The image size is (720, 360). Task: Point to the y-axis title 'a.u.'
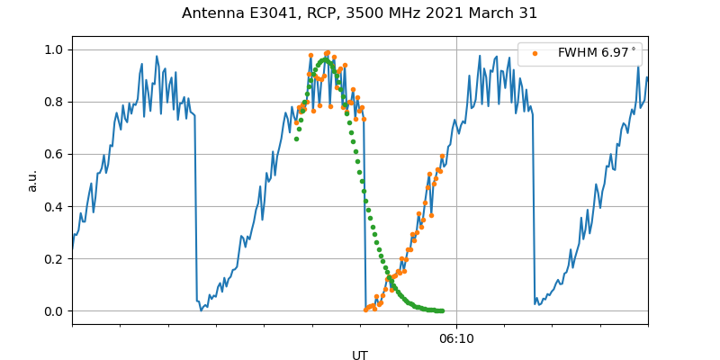click(x=32, y=180)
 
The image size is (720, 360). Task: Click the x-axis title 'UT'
click(x=360, y=355)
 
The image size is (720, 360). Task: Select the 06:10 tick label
click(x=456, y=339)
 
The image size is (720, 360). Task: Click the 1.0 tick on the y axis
click(x=54, y=49)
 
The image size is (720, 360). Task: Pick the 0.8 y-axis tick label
click(x=54, y=102)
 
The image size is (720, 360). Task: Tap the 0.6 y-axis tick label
click(x=54, y=154)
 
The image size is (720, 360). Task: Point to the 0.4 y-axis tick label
click(x=54, y=206)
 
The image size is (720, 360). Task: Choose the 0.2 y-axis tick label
click(x=54, y=258)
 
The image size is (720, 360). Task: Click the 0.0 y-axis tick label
click(x=54, y=311)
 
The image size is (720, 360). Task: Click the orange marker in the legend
click(x=535, y=53)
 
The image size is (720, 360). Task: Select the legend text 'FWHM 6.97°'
click(x=596, y=53)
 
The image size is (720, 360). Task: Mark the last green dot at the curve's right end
click(x=442, y=310)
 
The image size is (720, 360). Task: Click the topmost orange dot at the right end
click(x=442, y=157)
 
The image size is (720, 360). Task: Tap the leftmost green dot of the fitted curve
click(x=296, y=139)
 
